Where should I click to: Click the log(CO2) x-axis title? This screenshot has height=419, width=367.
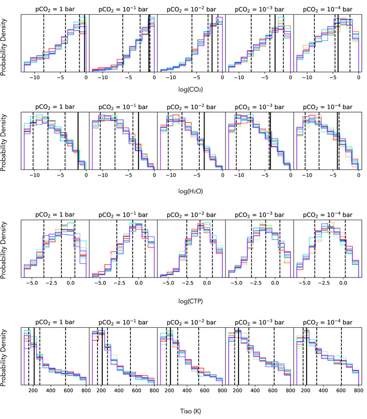(190, 89)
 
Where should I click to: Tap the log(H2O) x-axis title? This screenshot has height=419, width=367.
(190, 191)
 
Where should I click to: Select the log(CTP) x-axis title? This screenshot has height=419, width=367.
(190, 301)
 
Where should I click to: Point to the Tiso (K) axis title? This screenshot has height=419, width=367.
(190, 411)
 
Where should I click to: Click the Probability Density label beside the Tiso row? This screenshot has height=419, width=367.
(3, 358)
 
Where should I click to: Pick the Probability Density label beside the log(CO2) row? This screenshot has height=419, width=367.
(3, 47)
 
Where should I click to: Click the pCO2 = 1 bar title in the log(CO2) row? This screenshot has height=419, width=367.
(55, 9)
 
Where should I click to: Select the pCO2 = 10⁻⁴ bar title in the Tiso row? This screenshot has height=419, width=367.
(328, 323)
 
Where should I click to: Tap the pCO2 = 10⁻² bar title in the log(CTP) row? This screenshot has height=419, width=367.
(191, 215)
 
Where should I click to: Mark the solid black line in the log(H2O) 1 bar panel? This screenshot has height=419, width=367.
(78, 141)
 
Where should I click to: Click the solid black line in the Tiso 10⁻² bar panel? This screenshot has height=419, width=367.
(170, 356)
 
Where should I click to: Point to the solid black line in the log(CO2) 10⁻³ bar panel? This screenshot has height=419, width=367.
(275, 44)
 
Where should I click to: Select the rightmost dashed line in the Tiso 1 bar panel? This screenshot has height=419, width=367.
(66, 356)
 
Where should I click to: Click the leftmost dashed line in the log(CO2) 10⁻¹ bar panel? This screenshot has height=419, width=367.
(123, 44)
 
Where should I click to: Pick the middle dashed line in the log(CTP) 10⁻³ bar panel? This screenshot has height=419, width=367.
(265, 249)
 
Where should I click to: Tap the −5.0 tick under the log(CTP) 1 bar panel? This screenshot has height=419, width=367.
(32, 283)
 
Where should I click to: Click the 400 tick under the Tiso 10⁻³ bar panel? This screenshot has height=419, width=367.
(255, 390)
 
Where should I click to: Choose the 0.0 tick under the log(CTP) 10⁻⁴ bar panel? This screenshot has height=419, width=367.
(343, 283)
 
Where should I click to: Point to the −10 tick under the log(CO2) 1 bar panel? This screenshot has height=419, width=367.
(34, 78)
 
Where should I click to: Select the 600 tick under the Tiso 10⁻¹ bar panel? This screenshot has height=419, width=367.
(136, 390)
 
